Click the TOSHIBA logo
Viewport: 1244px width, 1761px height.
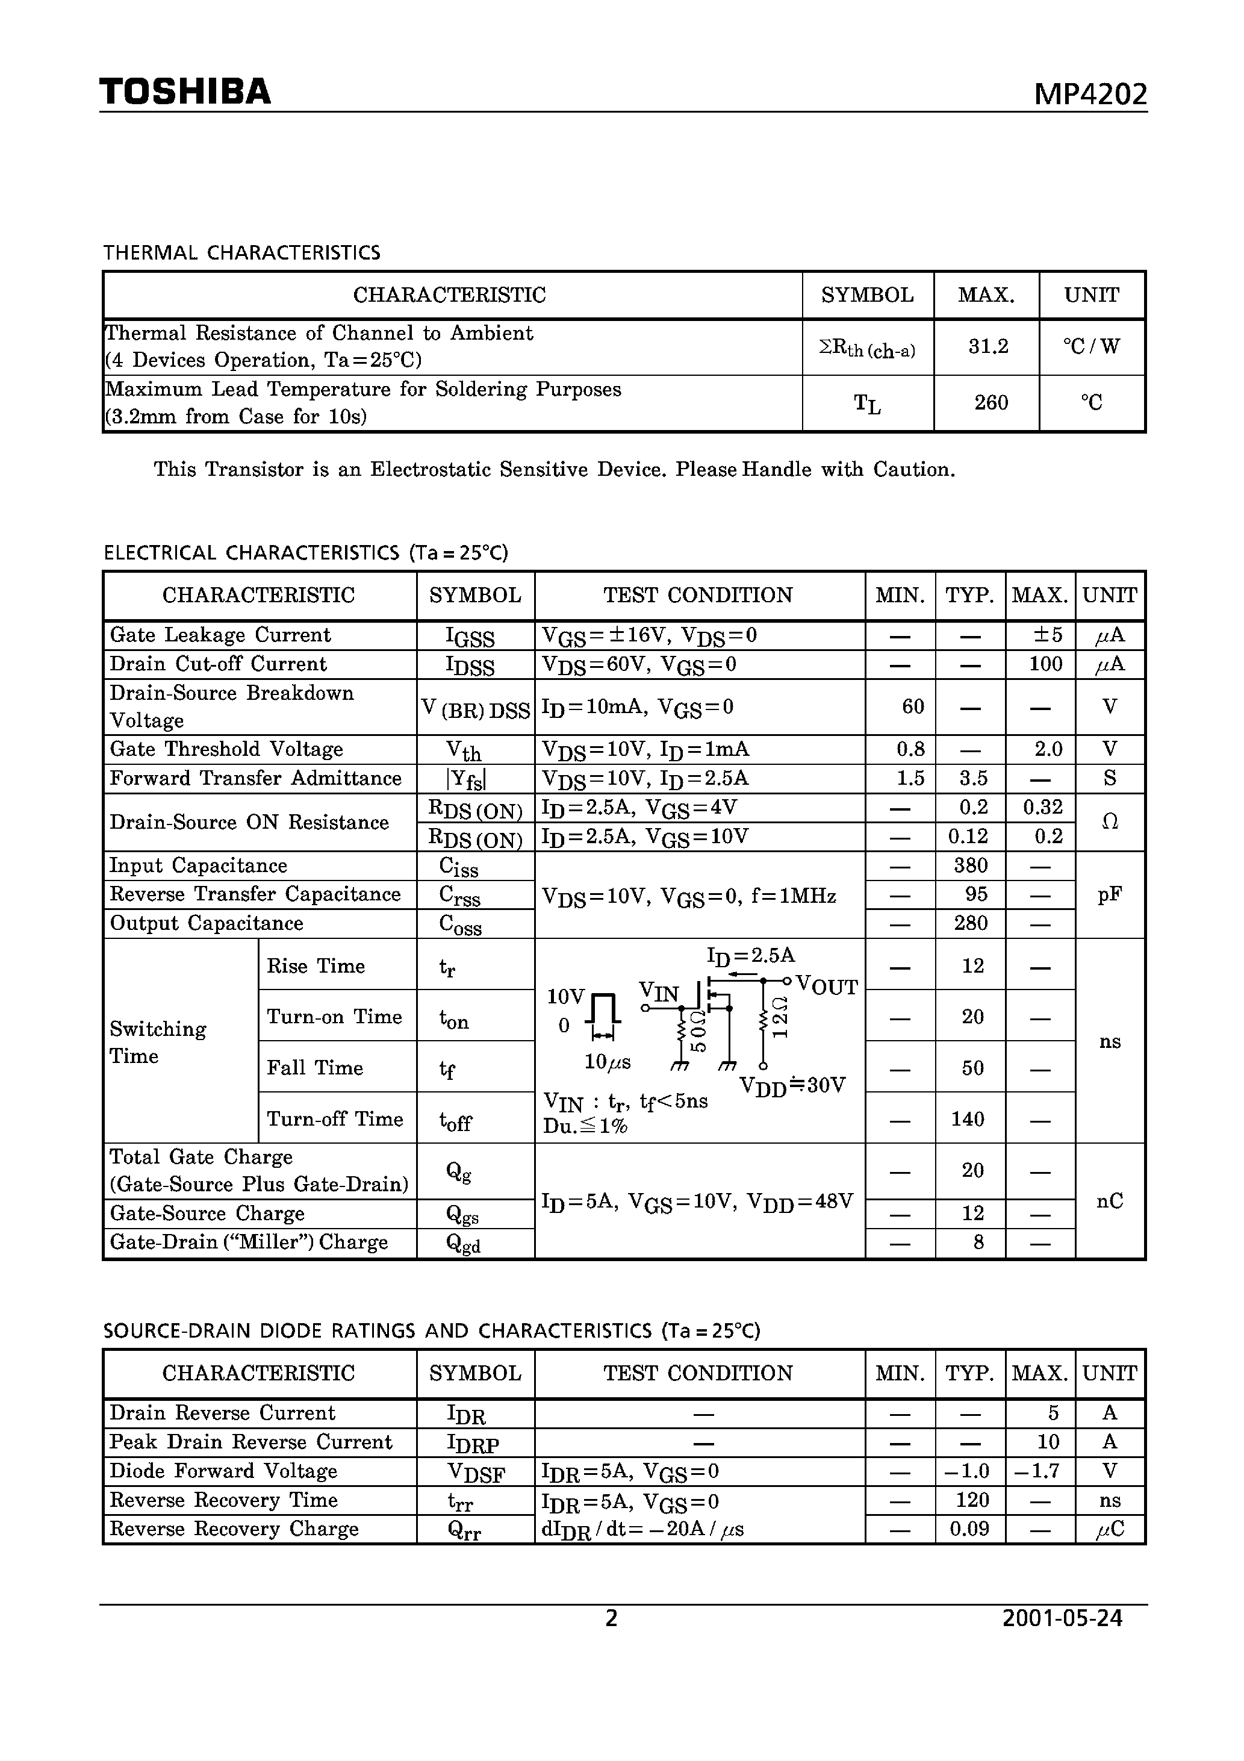click(x=185, y=92)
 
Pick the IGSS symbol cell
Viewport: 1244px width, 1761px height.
click(x=470, y=637)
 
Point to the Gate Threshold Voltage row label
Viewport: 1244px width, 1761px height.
click(x=226, y=749)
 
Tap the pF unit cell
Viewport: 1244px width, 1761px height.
click(x=1109, y=894)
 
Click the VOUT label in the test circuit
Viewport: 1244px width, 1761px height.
click(x=827, y=986)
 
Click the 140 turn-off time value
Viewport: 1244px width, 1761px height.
click(x=967, y=1119)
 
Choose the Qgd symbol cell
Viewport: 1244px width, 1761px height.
click(x=463, y=1243)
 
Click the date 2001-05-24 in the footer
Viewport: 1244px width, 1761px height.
click(x=1062, y=1618)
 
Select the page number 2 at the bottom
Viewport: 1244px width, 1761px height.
click(x=611, y=1618)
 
